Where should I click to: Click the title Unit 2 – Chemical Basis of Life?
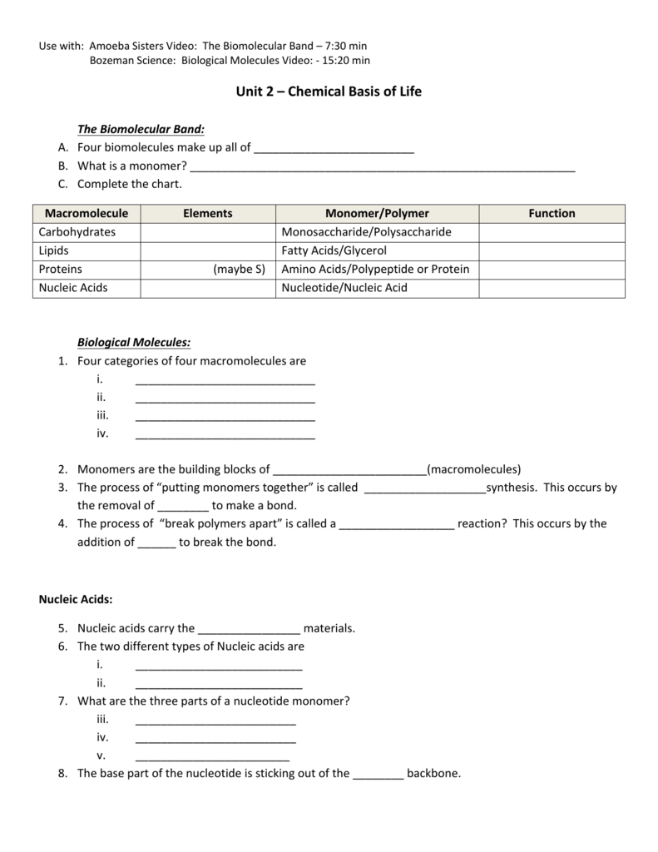pos(329,92)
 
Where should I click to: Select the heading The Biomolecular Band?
pos(141,129)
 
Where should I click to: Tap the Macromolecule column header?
pos(87,214)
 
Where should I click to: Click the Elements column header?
pos(207,214)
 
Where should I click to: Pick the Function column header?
pos(552,214)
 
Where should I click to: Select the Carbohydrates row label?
pos(77,232)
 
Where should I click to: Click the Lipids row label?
pos(54,250)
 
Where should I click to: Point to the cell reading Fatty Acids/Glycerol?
pos(334,250)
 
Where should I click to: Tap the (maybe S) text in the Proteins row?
pos(239,269)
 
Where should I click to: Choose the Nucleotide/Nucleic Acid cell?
pos(344,288)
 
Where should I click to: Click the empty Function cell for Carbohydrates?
pos(552,232)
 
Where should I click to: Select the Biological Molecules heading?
pos(134,342)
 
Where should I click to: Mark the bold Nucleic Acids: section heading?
pos(76,599)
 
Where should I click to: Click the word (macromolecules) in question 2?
pos(473,469)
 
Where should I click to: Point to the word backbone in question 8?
pos(433,773)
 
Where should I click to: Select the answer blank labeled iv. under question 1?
pos(225,434)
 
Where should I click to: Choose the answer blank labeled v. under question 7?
pos(212,756)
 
